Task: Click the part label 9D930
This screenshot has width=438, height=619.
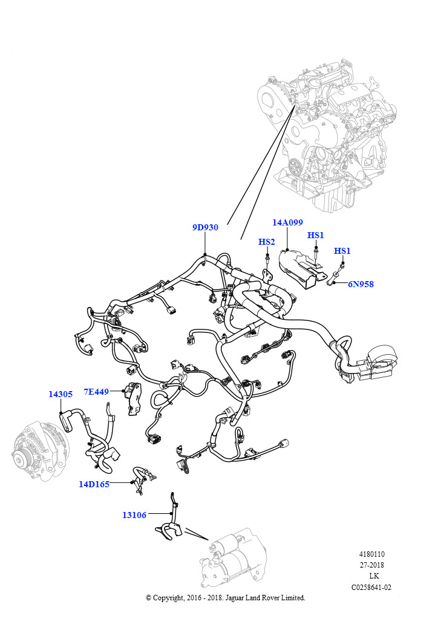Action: tap(205, 227)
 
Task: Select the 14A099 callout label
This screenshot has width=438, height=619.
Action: tap(287, 222)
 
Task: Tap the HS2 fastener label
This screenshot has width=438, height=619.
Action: tap(267, 242)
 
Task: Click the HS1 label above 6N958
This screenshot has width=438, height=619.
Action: tap(342, 251)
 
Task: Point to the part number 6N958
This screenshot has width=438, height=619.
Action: tap(361, 284)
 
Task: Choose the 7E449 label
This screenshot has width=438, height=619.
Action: tap(96, 392)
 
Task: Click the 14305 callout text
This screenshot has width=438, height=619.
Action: tap(60, 394)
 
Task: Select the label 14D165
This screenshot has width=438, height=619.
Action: tap(94, 484)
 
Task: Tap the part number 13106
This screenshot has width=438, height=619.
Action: tap(134, 515)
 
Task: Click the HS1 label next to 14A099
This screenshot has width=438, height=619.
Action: tap(316, 235)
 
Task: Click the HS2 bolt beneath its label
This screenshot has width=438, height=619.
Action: tap(268, 258)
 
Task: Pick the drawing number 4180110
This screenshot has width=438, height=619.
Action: tap(371, 554)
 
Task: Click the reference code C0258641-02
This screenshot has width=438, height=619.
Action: tap(371, 587)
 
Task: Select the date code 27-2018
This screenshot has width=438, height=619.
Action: tap(371, 565)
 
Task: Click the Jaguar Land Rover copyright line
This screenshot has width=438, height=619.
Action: tap(226, 598)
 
